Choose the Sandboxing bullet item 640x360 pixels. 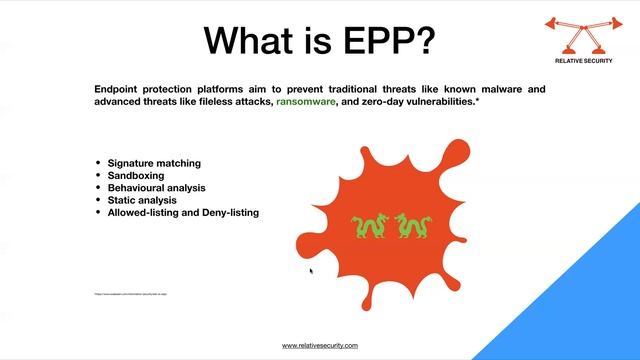click(x=136, y=175)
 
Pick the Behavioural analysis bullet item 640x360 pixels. click(x=157, y=187)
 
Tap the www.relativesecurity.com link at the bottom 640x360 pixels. click(x=320, y=345)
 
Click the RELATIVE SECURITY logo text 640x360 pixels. click(x=584, y=60)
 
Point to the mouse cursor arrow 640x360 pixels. click(x=311, y=270)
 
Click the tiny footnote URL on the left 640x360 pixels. click(x=131, y=294)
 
